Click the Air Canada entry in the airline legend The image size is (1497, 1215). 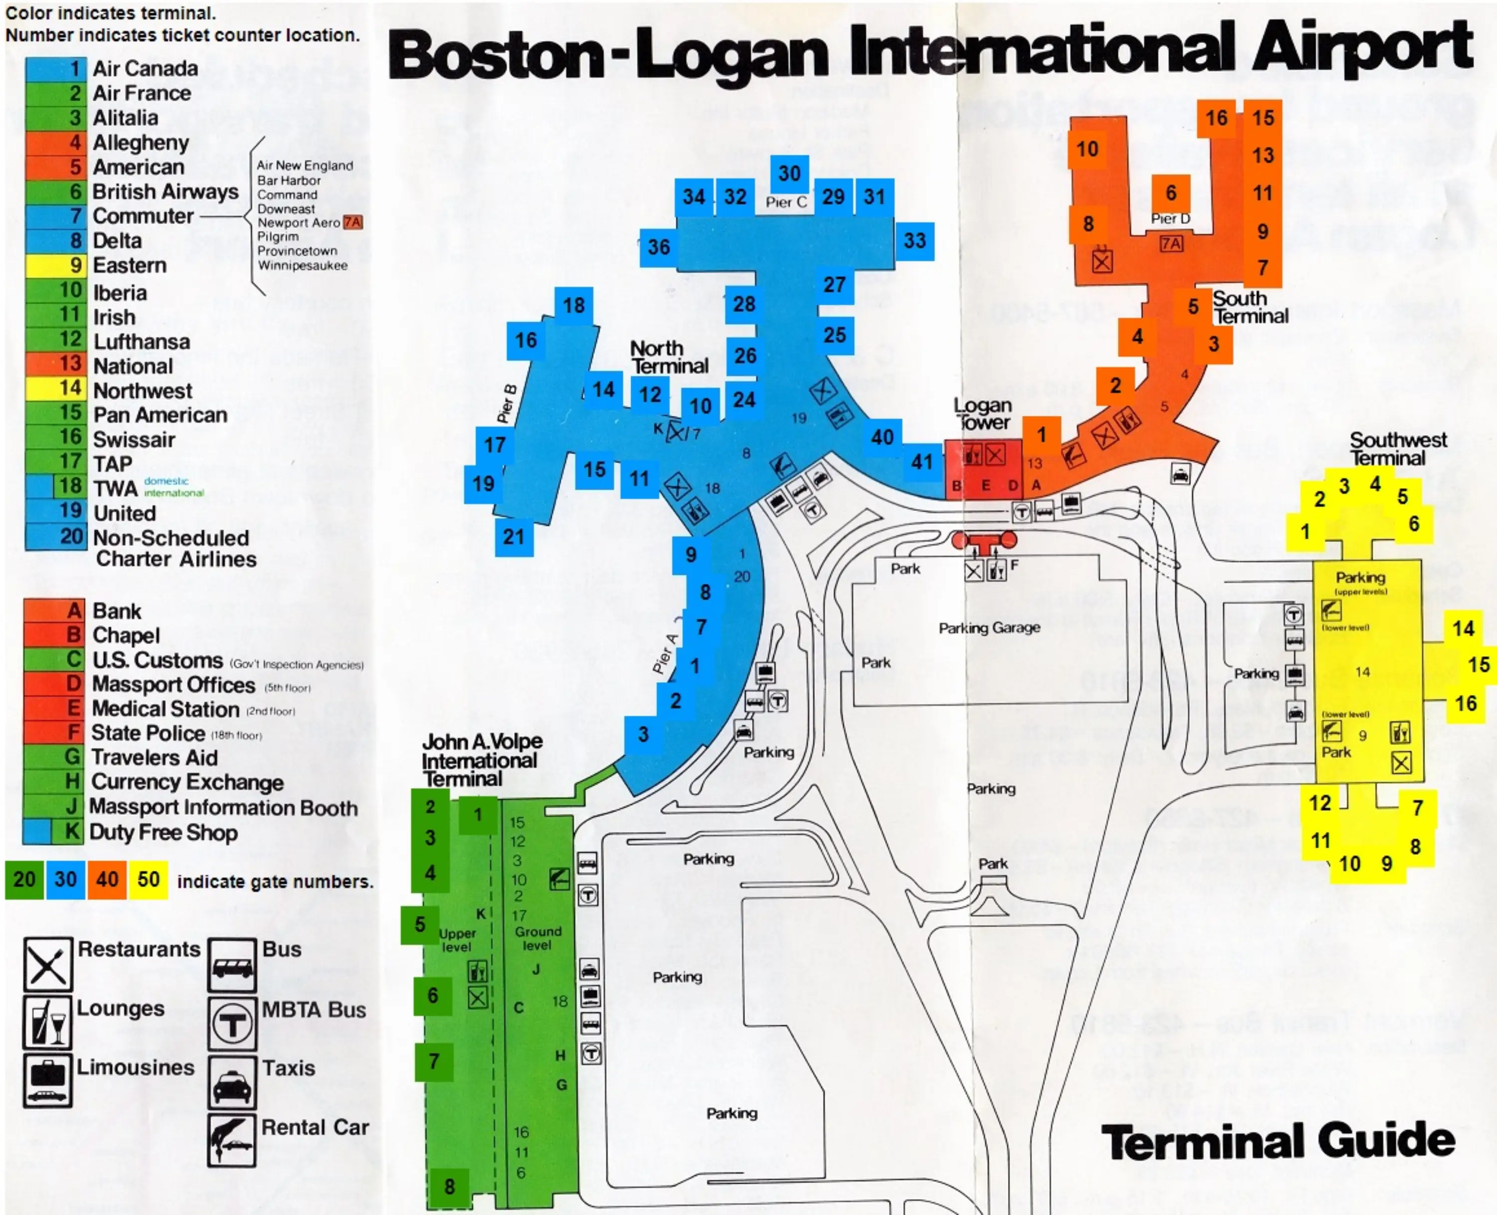(x=145, y=68)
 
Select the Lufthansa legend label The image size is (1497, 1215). (x=141, y=341)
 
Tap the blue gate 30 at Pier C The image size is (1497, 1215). (x=789, y=174)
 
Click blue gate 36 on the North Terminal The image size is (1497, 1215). (x=658, y=247)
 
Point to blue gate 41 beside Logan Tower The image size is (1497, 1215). (x=922, y=462)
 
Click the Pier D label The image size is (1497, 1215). (x=1170, y=219)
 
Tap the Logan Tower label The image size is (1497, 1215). (x=983, y=414)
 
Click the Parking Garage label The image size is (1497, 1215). (x=989, y=628)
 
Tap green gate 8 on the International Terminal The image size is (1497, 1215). (x=449, y=1186)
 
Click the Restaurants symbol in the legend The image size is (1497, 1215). (x=47, y=964)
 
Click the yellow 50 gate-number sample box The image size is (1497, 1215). (x=148, y=879)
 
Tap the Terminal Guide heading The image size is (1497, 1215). (x=1278, y=1142)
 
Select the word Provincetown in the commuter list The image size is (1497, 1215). (x=297, y=250)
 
